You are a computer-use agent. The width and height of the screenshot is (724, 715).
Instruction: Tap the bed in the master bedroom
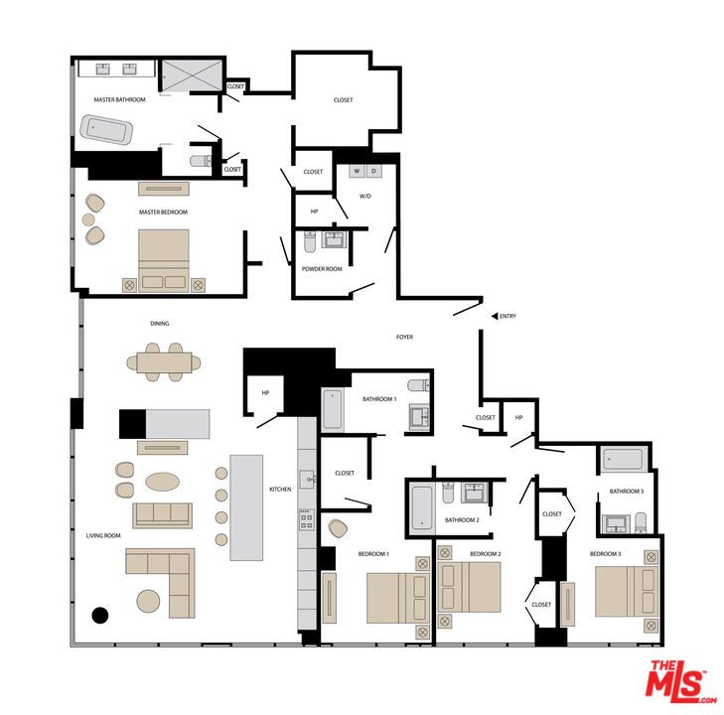pyautogui.click(x=164, y=260)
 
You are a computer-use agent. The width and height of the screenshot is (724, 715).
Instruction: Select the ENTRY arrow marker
pyautogui.click(x=494, y=317)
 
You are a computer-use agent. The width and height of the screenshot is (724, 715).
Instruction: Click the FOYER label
pyautogui.click(x=404, y=338)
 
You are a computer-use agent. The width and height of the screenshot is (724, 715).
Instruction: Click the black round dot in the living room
pyautogui.click(x=99, y=615)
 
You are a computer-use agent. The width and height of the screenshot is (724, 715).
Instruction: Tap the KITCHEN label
pyautogui.click(x=280, y=490)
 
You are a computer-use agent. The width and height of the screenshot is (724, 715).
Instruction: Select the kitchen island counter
pyautogui.click(x=246, y=507)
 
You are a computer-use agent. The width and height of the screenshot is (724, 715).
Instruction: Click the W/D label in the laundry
pyautogui.click(x=364, y=196)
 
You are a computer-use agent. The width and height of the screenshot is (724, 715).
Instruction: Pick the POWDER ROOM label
pyautogui.click(x=322, y=269)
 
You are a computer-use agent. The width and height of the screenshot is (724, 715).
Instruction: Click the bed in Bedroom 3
pyautogui.click(x=628, y=590)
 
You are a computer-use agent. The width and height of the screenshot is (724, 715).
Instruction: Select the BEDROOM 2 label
pyautogui.click(x=485, y=553)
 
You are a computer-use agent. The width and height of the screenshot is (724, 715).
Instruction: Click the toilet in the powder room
pyautogui.click(x=309, y=241)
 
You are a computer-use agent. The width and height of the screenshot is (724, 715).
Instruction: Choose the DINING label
pyautogui.click(x=159, y=324)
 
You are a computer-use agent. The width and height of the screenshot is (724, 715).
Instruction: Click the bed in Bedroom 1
pyautogui.click(x=396, y=597)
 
